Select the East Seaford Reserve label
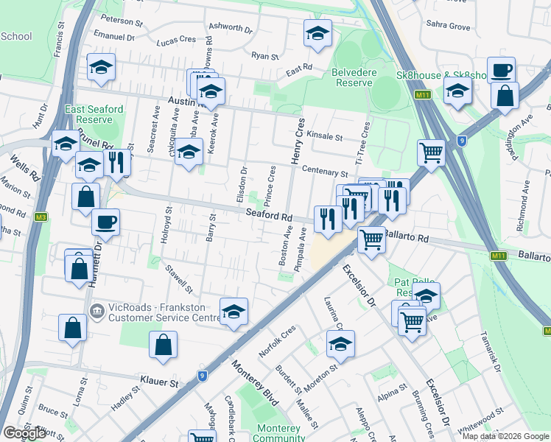[94, 114]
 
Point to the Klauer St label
[159, 383]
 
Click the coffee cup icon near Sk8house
[501, 70]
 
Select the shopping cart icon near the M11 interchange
[431, 152]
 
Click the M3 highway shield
[41, 217]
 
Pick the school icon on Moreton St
[340, 343]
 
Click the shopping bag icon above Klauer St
[163, 344]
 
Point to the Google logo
[24, 433]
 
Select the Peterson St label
[122, 20]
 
